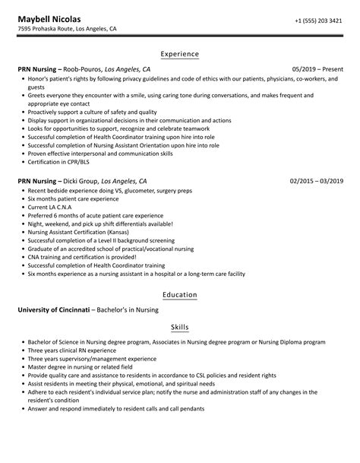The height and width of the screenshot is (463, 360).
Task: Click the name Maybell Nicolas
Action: point(51,18)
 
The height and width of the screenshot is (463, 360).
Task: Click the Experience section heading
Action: point(180,54)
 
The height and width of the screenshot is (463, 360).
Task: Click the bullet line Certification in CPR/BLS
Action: point(60,162)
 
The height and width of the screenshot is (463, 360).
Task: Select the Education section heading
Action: point(180,294)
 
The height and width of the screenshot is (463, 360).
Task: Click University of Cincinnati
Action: point(52,309)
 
